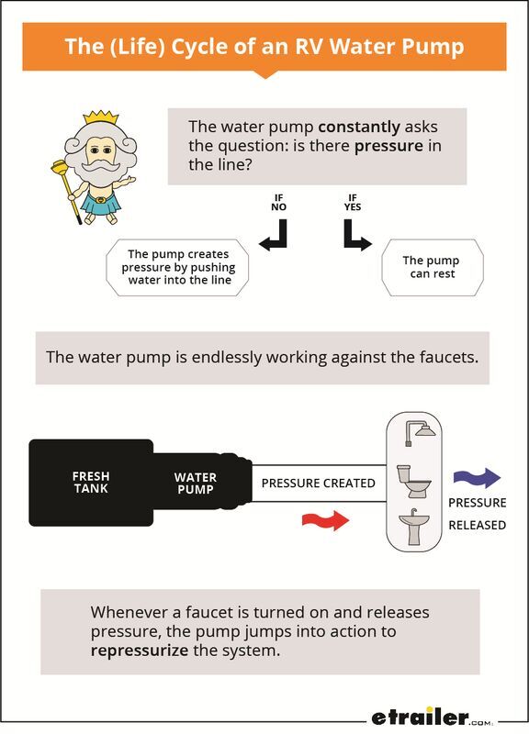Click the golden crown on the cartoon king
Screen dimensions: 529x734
[101, 117]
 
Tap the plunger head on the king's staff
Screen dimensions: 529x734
[61, 165]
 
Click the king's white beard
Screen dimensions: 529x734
[99, 174]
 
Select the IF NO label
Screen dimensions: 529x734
[278, 202]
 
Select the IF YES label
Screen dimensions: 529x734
[353, 202]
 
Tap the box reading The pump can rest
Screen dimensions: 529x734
[433, 267]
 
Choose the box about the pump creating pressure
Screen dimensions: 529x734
[177, 267]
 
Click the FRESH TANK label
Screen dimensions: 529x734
[91, 483]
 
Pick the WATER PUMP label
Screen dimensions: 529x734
[196, 484]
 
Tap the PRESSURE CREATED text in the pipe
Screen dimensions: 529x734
[318, 484]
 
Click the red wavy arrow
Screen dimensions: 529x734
[325, 520]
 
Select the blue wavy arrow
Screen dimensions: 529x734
[477, 478]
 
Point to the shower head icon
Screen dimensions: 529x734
[420, 432]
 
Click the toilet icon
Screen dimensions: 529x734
[413, 481]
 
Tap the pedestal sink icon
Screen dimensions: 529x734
[414, 527]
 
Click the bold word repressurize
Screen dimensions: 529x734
[140, 651]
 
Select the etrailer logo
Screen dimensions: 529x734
[432, 717]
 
